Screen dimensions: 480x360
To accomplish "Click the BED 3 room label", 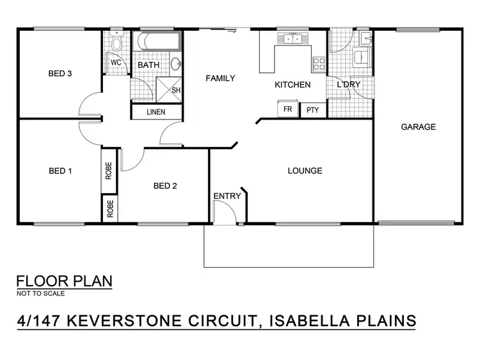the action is point(60,74).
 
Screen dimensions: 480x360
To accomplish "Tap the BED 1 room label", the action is point(60,171).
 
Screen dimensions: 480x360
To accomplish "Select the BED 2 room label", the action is point(165,186).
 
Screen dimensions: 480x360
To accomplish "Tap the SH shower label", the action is point(176,90).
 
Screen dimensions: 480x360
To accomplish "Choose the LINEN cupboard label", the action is point(156,112).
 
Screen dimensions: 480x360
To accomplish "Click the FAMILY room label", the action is point(220,79).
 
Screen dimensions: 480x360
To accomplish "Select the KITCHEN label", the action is point(292,85).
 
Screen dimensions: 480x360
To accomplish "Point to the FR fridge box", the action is point(288,109).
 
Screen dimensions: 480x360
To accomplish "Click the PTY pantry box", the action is point(312,110).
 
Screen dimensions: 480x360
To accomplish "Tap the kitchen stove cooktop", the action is point(319,63).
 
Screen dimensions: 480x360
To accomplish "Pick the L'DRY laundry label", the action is point(349,85).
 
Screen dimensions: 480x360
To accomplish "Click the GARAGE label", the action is point(418,127).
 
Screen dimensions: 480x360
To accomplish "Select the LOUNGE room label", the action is point(305,171).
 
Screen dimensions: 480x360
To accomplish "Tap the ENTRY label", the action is point(227,196).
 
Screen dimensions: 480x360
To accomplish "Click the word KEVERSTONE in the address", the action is point(145,320).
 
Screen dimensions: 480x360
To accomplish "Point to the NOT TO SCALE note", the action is point(40,293).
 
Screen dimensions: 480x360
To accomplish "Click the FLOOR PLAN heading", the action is point(64,281).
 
